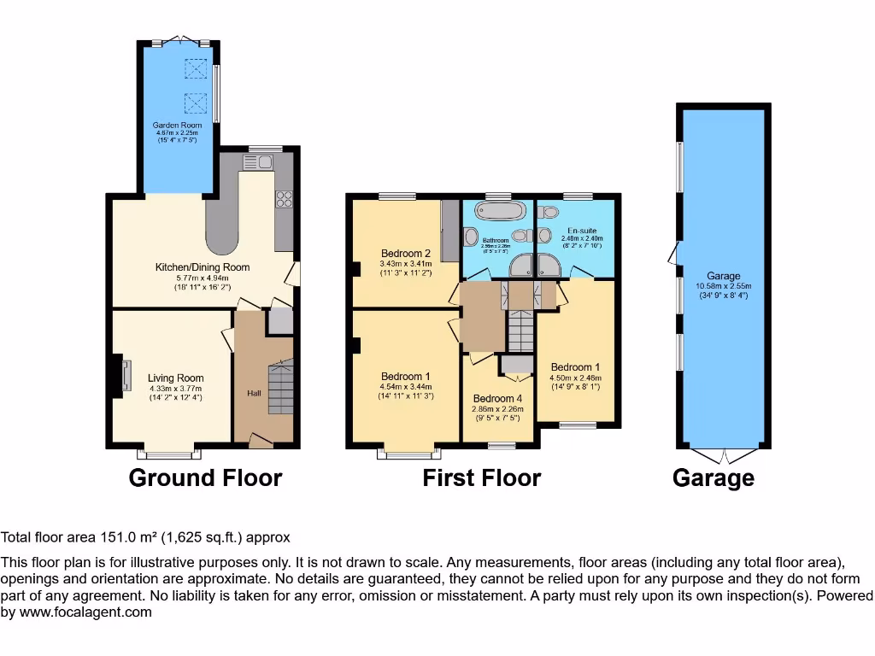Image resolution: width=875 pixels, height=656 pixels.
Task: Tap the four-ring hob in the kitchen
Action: [283, 199]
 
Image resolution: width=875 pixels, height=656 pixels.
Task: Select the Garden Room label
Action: [178, 126]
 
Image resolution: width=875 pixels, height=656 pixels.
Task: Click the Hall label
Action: [255, 393]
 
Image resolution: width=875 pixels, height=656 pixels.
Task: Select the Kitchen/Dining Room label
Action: [203, 267]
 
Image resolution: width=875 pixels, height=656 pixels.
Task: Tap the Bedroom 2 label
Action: [406, 254]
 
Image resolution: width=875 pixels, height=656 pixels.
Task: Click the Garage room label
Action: [723, 276]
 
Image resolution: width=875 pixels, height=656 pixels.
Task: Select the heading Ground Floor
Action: [205, 477]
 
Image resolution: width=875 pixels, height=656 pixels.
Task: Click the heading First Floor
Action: [482, 477]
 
